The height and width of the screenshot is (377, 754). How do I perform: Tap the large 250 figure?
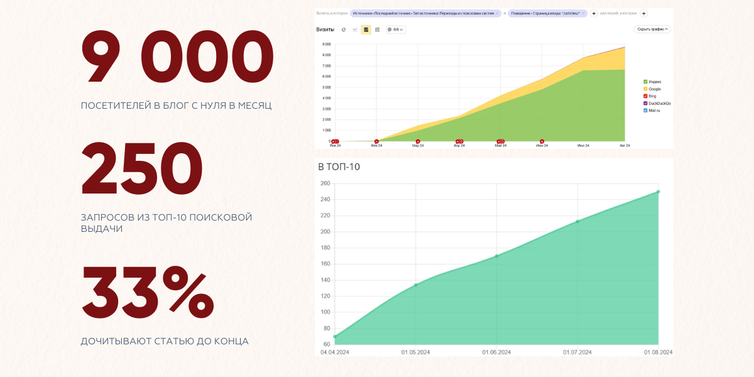(142, 169)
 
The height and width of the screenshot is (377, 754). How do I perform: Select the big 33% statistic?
(148, 292)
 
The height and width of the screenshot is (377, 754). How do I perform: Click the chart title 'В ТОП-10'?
(339, 167)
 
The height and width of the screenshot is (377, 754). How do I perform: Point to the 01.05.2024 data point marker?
(415, 285)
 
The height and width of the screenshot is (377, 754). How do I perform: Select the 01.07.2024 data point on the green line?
(577, 221)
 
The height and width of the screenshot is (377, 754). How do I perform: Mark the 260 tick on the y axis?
(325, 183)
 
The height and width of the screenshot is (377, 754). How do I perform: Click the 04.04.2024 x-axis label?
(334, 352)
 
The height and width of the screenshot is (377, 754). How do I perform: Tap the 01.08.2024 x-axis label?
(658, 352)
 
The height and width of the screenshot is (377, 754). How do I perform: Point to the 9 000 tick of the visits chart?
(326, 45)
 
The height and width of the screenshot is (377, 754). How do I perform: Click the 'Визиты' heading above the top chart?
(325, 30)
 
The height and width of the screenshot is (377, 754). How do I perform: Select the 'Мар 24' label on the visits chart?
(418, 146)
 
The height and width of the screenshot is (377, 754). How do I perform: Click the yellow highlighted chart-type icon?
(366, 30)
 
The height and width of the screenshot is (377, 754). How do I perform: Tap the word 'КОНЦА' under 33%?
(232, 342)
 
